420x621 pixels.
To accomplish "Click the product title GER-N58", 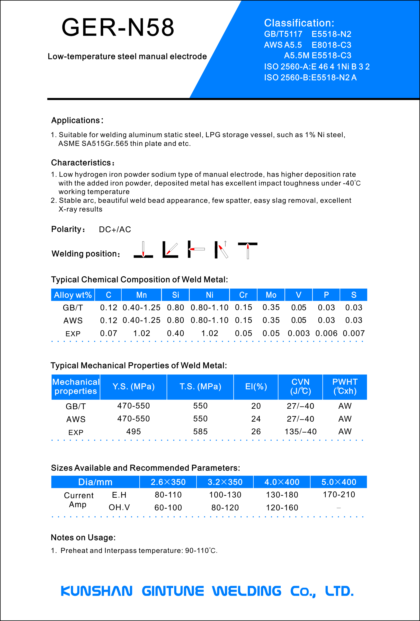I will (x=118, y=27).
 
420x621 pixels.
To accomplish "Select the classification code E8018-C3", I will (x=331, y=45).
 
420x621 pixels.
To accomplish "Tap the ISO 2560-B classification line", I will (x=310, y=78).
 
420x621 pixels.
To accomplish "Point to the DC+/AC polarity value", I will (x=115, y=230).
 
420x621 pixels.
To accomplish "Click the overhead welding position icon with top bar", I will (x=248, y=250).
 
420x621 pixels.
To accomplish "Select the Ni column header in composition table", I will (x=210, y=295).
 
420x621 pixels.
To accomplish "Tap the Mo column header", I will (x=271, y=295).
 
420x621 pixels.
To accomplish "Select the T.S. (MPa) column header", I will (x=200, y=387).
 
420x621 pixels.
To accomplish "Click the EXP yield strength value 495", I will (x=134, y=432).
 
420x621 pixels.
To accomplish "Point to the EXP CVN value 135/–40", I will (x=301, y=432).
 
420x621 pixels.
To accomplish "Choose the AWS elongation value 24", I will (x=256, y=419).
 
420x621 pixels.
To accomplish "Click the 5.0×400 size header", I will (x=339, y=482).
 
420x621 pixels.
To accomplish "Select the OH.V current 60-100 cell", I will (x=168, y=508).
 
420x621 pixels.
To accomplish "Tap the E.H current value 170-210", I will (x=339, y=495).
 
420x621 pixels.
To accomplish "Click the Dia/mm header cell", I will (x=95, y=482).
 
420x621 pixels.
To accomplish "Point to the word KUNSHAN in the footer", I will (x=97, y=591).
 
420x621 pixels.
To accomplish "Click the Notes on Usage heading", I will (x=83, y=538).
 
